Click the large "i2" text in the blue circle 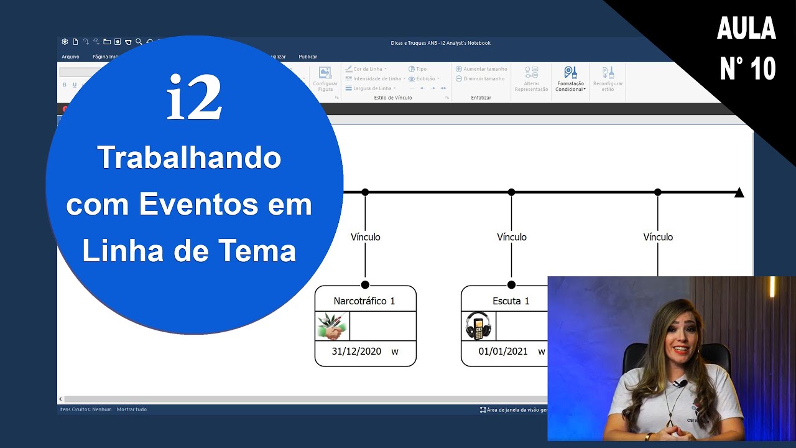pyautogui.click(x=194, y=98)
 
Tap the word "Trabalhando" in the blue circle pyautogui.click(x=189, y=158)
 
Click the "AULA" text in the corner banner pyautogui.click(x=746, y=29)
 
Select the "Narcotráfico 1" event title pyautogui.click(x=364, y=301)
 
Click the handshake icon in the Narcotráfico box pyautogui.click(x=331, y=326)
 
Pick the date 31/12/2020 pyautogui.click(x=356, y=352)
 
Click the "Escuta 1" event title pyautogui.click(x=511, y=301)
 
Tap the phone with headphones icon pyautogui.click(x=478, y=326)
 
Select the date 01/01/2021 pyautogui.click(x=503, y=352)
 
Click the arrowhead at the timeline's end pyautogui.click(x=739, y=192)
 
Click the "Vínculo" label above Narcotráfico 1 pyautogui.click(x=365, y=237)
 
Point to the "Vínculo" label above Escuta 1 pyautogui.click(x=512, y=237)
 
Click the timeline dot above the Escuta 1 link pyautogui.click(x=511, y=192)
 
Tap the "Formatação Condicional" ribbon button pyautogui.click(x=570, y=79)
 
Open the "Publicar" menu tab pyautogui.click(x=308, y=57)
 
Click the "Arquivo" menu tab pyautogui.click(x=70, y=57)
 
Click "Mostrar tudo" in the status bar pyautogui.click(x=132, y=409)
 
